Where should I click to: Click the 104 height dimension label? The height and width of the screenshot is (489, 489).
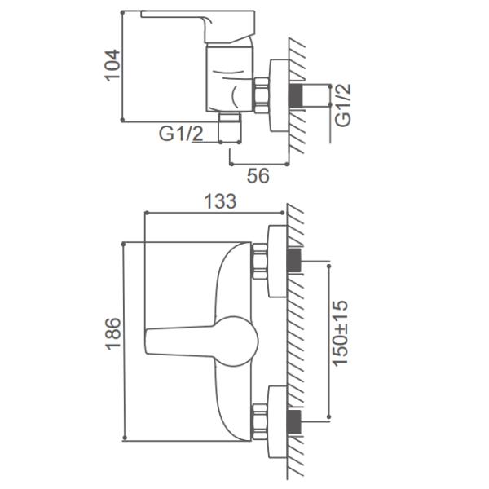point(112,65)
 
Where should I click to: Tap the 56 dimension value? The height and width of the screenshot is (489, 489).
point(258,175)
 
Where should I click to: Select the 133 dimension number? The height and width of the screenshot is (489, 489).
point(220,201)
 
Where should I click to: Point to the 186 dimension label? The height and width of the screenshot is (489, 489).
point(113,333)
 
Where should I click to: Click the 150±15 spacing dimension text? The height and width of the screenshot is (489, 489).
point(340,333)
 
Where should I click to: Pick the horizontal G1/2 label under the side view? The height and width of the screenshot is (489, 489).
point(181,134)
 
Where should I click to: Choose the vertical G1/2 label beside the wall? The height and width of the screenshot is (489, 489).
point(343,105)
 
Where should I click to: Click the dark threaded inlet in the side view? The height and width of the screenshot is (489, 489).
point(295,95)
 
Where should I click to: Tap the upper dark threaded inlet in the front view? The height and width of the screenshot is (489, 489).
point(293,260)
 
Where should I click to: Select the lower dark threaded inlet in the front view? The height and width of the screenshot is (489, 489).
point(293,422)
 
